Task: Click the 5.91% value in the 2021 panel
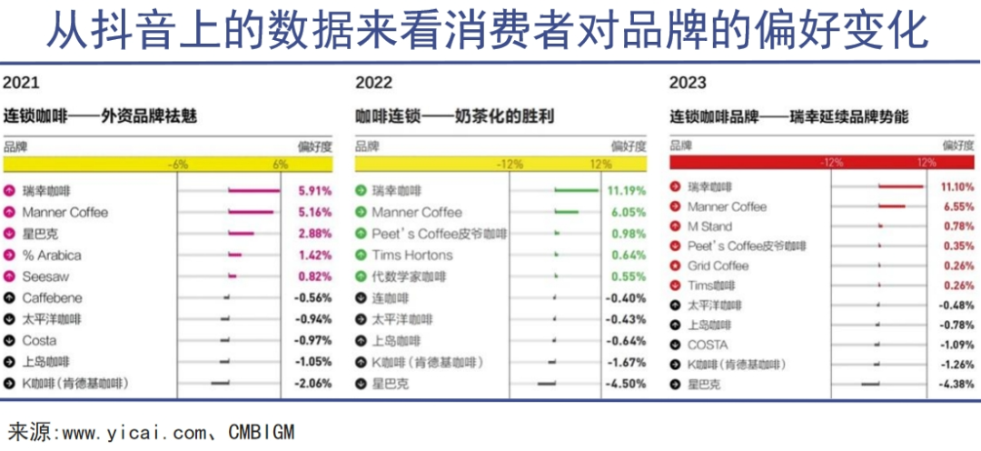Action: coord(314,191)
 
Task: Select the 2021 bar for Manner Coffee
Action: coord(251,212)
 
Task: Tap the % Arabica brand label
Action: coord(52,255)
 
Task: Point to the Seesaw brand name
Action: coord(45,276)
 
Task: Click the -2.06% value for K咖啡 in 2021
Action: coord(313,383)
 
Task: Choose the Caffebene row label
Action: coord(52,297)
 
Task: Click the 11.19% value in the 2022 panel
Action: coord(627,191)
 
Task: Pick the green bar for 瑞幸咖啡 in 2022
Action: coord(578,191)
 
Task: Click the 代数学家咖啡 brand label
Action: coord(409,276)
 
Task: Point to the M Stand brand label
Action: coord(709,226)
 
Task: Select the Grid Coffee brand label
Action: coord(718,266)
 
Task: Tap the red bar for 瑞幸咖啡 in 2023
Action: coord(900,186)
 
